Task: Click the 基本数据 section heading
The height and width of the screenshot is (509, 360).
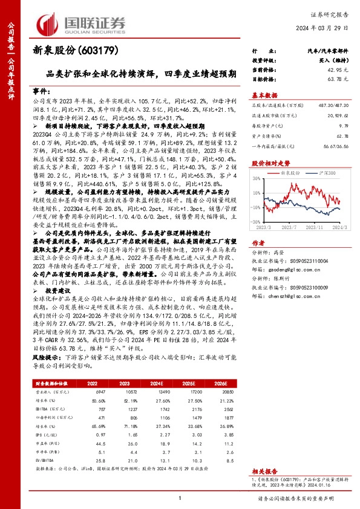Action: pyautogui.click(x=264, y=95)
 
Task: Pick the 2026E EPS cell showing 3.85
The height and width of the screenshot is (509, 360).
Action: pyautogui.click(x=229, y=452)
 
